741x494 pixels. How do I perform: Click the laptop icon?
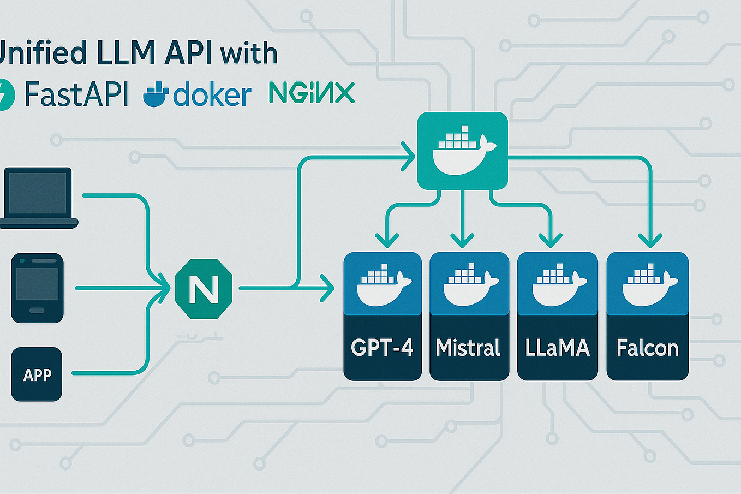[x=39, y=198]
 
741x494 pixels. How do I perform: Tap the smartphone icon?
[x=38, y=288]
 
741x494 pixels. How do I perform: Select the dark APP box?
[x=37, y=374]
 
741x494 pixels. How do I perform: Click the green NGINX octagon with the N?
[x=204, y=289]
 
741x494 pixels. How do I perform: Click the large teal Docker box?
[x=463, y=151]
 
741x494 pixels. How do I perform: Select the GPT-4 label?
[x=382, y=348]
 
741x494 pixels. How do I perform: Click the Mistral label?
[x=468, y=348]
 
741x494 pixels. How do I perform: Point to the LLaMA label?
[x=558, y=348]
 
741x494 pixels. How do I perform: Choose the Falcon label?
[x=647, y=348]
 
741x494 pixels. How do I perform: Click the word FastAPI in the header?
[x=76, y=94]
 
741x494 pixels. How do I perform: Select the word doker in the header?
[x=212, y=94]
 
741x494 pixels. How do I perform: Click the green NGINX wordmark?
[x=312, y=93]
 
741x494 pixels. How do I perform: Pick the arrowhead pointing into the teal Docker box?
[x=408, y=157]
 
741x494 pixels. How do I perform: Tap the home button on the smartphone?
[x=37, y=311]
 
